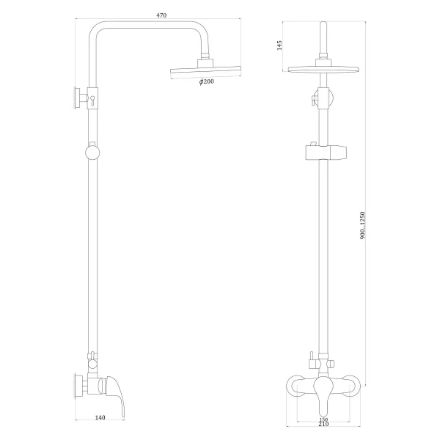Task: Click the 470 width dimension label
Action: [x=161, y=13]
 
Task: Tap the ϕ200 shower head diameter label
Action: [x=206, y=82]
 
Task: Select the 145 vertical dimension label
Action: [x=279, y=45]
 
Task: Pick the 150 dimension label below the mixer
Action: [x=324, y=420]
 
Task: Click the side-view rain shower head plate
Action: [x=205, y=71]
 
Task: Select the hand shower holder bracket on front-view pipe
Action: [x=323, y=153]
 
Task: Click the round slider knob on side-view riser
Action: [x=92, y=153]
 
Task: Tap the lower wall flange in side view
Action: [x=76, y=385]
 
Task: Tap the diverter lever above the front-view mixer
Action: [x=311, y=359]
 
